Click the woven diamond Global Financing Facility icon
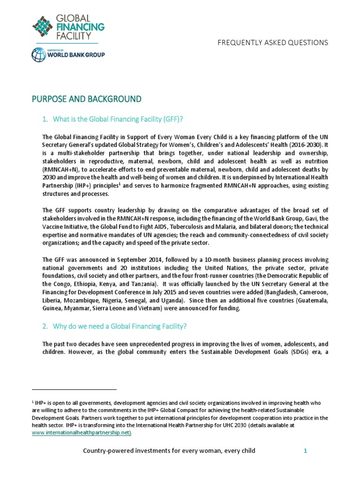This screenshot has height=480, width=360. (42, 26)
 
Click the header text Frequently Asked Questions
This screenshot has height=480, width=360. (272, 43)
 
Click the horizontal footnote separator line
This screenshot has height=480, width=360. (74, 389)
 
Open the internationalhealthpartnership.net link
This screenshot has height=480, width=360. (82, 434)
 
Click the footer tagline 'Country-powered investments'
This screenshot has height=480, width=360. (169, 451)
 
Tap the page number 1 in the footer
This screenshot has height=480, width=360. (305, 451)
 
